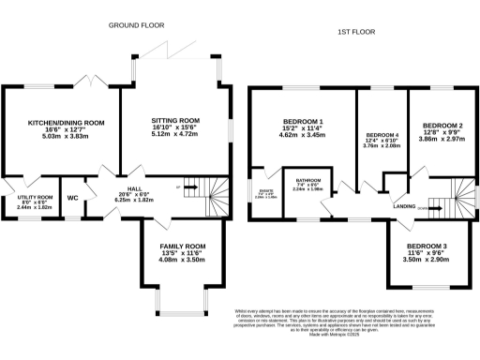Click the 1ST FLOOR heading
point(356,33)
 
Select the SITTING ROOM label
point(176,121)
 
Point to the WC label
point(73,198)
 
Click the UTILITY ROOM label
point(20,196)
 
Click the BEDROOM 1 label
point(303,122)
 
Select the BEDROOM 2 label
point(441,125)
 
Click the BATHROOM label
point(309,180)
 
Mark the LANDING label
point(404,205)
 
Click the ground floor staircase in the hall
point(207,198)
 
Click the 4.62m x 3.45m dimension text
point(303,136)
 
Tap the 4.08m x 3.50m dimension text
point(183,259)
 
